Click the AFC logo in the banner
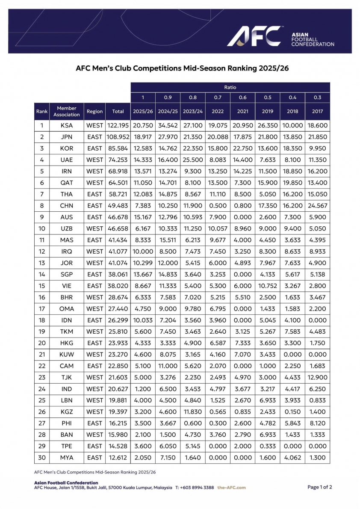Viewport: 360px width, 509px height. (254, 36)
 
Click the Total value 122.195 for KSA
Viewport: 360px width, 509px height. (118, 126)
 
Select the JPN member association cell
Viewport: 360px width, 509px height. (67, 137)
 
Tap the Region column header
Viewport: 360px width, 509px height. (94, 111)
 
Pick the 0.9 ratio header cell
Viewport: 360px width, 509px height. (168, 98)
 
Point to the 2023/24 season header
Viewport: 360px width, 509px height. (193, 111)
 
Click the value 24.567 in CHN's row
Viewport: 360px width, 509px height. (317, 206)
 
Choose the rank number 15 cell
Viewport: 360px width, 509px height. (42, 286)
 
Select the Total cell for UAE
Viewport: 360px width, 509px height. (118, 160)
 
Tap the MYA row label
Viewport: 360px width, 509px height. (67, 458)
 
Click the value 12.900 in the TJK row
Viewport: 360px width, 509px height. (317, 377)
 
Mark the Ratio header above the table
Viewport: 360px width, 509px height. (230, 87)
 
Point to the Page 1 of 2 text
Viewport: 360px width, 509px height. (319, 487)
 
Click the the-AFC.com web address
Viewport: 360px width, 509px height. (231, 488)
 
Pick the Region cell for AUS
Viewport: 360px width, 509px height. (94, 217)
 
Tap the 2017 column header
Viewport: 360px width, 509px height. (317, 111)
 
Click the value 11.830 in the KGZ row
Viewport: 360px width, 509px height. (193, 412)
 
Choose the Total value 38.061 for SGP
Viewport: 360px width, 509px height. (118, 275)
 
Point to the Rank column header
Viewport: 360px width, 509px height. (42, 111)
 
